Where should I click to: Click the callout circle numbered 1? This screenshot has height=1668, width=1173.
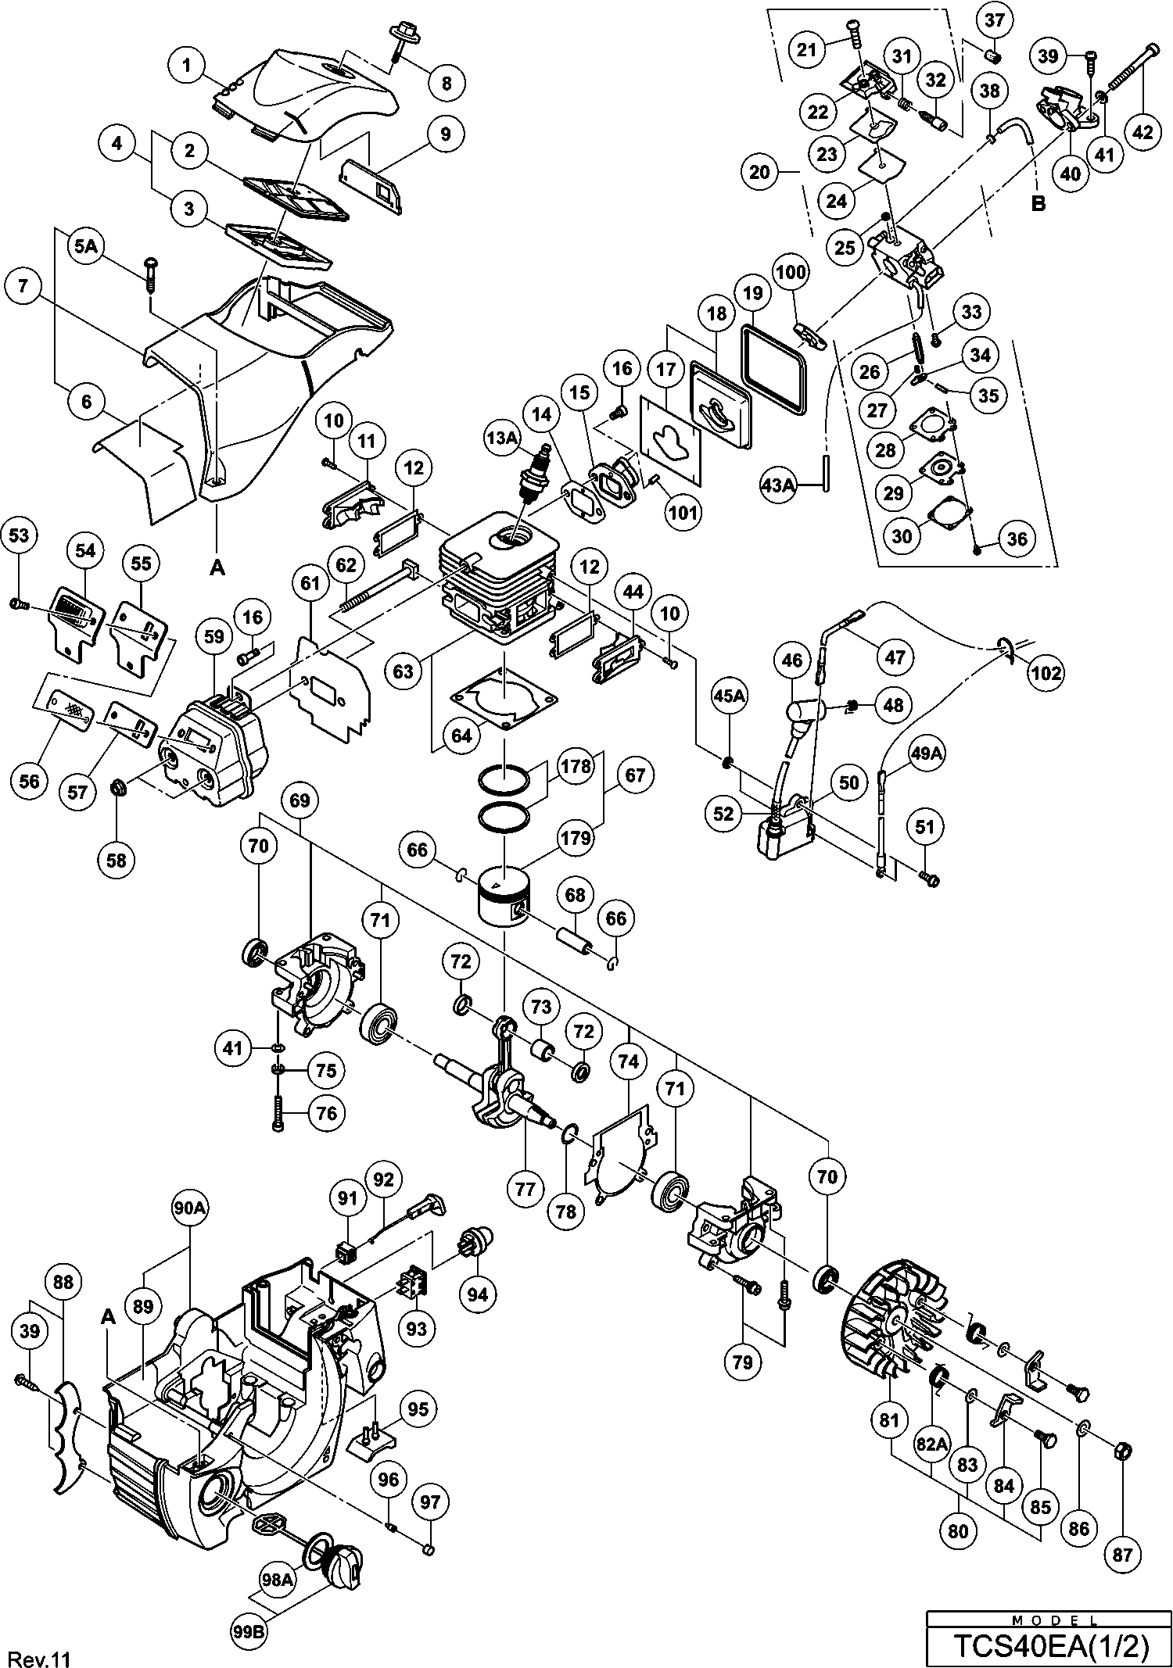point(187,66)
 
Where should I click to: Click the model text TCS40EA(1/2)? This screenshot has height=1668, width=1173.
point(1050,1647)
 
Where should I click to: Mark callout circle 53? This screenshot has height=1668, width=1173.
point(19,535)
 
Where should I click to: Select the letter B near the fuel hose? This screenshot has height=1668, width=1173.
point(1038,204)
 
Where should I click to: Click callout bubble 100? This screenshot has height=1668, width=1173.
point(792,272)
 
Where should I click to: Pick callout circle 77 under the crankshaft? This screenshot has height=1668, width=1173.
point(525,1189)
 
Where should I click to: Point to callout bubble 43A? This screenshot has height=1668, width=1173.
point(777,485)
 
